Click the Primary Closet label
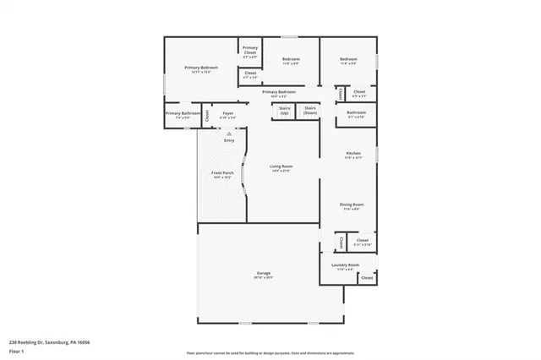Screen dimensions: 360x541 click(250, 50)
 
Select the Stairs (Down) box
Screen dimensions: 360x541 click(309, 110)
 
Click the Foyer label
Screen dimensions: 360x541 click(228, 114)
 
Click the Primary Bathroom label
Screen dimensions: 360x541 click(183, 114)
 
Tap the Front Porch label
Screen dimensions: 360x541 click(221, 174)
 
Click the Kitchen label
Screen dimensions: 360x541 click(353, 154)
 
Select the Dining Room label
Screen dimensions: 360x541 click(352, 205)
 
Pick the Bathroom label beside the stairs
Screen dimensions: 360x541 click(356, 113)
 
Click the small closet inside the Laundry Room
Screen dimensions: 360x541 click(368, 277)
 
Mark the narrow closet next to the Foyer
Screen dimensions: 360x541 click(207, 116)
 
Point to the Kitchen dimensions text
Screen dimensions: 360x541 click(353, 158)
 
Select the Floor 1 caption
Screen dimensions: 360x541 click(15, 350)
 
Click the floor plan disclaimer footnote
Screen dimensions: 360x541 click(270, 352)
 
